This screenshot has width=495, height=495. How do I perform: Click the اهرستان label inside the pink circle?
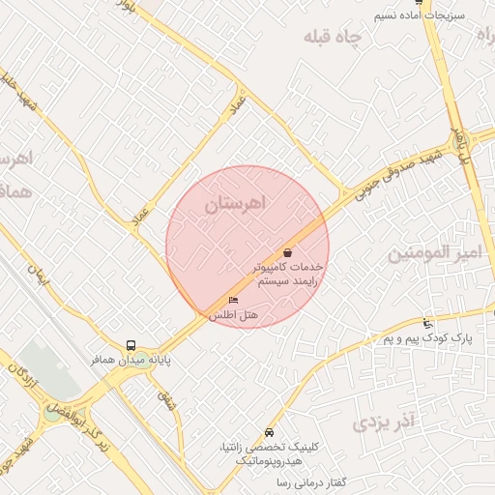click(x=236, y=204)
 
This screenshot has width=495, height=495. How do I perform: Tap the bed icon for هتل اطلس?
click(x=233, y=300)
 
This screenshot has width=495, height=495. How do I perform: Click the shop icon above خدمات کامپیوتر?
click(x=288, y=252)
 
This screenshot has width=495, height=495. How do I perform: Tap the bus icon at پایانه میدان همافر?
click(x=131, y=345)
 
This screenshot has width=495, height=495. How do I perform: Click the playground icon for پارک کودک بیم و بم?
click(x=428, y=323)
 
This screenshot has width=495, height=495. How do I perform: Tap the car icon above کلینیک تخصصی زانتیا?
click(x=269, y=432)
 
